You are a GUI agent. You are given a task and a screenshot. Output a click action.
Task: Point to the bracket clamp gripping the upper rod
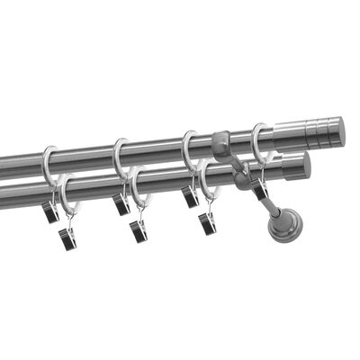pos(222,143)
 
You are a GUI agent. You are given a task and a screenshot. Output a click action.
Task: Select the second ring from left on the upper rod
pos(119,155)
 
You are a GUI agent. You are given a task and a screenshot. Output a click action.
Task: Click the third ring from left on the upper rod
pos(188,146)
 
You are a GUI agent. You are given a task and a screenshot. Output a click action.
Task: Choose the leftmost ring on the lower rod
pos(65,193)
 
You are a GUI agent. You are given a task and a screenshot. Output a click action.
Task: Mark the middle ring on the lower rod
pos(136,184)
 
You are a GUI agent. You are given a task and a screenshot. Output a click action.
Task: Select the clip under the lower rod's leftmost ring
pos(68,238)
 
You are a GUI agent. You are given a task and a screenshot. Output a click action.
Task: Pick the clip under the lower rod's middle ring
pos(139,229)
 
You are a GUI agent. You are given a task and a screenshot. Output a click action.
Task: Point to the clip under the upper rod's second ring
pos(121,203)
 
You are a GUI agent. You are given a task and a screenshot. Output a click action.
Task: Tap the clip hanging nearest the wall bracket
pos(259,187)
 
